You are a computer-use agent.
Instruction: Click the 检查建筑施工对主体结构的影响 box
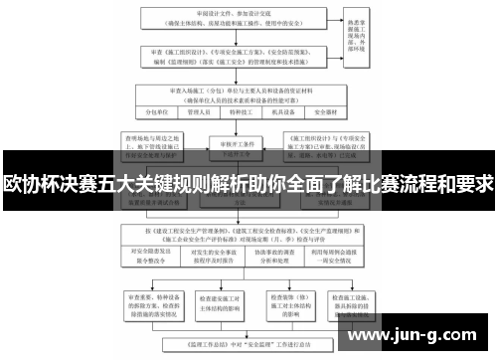pos(222,300)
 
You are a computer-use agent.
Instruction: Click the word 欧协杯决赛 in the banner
pos(50,185)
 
